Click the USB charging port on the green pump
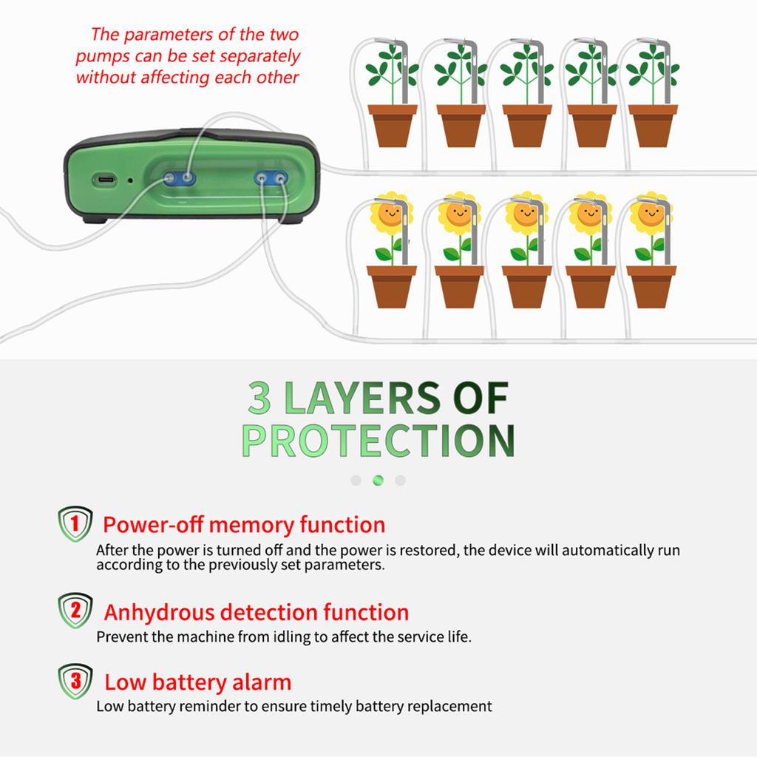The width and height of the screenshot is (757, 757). point(105,180)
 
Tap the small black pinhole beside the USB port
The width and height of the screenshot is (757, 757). point(130,180)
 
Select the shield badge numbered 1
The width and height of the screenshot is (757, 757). point(75,524)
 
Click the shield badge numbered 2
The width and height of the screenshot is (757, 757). point(75,610)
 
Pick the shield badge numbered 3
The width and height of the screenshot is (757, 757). point(75,681)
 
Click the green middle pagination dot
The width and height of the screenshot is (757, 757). point(378,481)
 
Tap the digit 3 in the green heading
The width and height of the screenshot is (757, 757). point(259,397)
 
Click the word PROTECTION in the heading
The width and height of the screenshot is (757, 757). point(378,441)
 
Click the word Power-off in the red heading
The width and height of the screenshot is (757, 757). point(153,525)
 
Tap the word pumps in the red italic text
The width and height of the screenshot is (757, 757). point(102,57)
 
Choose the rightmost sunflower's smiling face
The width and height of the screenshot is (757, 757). point(651,214)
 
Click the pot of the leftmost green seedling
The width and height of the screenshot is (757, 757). point(393,126)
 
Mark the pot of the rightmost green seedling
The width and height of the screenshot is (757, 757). point(653,126)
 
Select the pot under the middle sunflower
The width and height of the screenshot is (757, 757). point(526,287)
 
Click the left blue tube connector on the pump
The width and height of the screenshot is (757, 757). point(179,179)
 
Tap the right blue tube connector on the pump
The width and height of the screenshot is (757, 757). point(271,179)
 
